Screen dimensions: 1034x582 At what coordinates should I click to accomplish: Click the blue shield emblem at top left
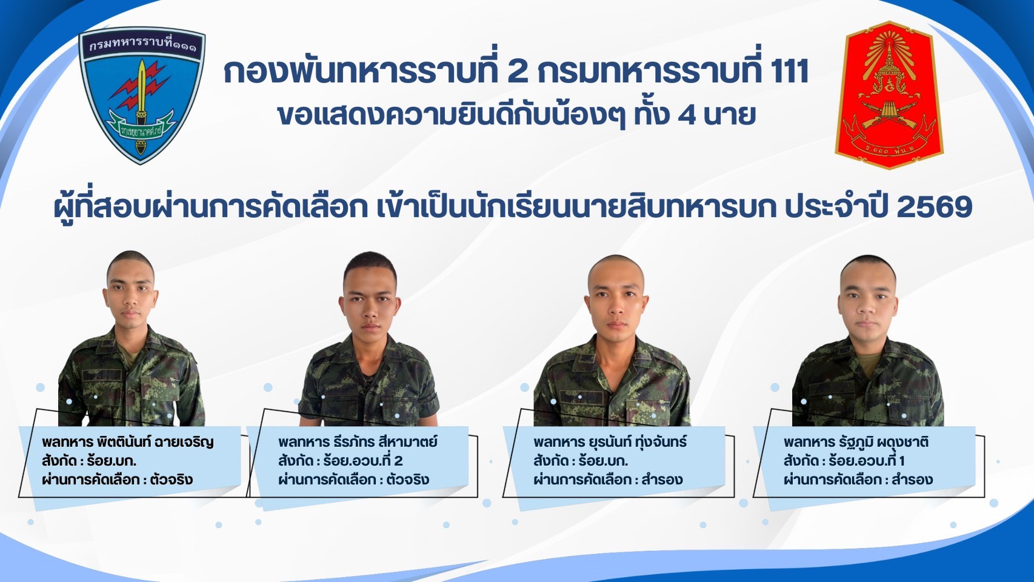click(142, 95)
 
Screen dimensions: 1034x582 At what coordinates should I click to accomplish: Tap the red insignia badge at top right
click(889, 95)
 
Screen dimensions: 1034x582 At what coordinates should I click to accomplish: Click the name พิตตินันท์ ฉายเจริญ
click(156, 442)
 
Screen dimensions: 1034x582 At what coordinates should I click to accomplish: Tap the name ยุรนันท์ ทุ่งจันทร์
click(638, 442)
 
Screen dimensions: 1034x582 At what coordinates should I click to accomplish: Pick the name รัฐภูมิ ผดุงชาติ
click(884, 442)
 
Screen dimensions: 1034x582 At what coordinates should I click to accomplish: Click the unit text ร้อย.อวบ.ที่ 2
click(363, 461)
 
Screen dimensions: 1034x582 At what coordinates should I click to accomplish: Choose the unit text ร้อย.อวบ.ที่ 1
click(867, 461)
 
